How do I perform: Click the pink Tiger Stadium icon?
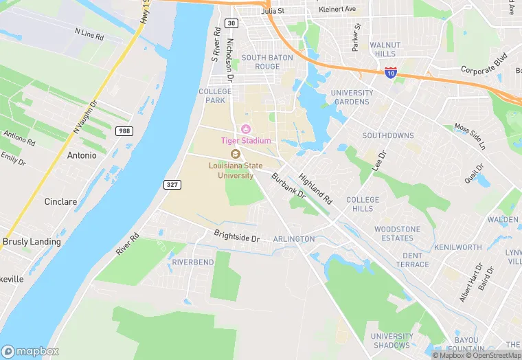click(x=245, y=129)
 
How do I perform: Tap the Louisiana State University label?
click(x=236, y=170)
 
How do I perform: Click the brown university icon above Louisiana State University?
click(x=235, y=154)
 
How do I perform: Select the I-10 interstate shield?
click(x=390, y=72)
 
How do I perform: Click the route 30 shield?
click(x=232, y=23)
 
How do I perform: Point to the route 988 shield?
click(x=124, y=131)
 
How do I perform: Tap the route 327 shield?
click(x=172, y=184)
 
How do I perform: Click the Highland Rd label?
click(x=315, y=188)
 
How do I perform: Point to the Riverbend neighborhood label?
click(x=192, y=262)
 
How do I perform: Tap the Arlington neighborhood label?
click(x=293, y=239)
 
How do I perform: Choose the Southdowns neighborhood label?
click(x=388, y=135)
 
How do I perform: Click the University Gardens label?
click(x=352, y=98)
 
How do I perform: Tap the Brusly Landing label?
click(x=32, y=242)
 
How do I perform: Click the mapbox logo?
click(x=31, y=350)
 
